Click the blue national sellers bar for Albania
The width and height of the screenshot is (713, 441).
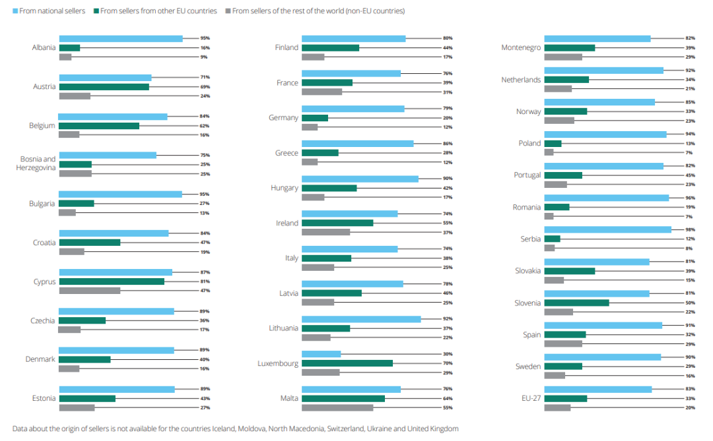[121, 39]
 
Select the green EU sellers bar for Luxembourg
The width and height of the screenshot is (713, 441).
[347, 363]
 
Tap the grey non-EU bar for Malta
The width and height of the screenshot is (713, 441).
[337, 407]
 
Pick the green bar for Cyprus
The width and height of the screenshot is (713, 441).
[112, 281]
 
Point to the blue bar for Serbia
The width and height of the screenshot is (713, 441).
[607, 229]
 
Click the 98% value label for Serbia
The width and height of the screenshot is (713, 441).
[690, 229]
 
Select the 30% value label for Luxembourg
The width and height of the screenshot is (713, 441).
[448, 354]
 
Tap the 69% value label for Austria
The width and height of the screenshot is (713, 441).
[205, 86]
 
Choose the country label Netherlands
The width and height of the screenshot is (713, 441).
[521, 80]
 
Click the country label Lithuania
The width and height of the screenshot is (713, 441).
[283, 328]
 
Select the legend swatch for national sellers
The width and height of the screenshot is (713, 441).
[15, 11]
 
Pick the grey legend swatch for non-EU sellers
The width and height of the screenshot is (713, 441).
[228, 11]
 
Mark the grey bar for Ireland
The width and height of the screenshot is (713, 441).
[325, 232]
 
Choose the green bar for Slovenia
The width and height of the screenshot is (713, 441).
[576, 303]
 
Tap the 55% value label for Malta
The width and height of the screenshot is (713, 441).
[448, 407]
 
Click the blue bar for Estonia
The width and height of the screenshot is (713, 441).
[117, 390]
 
